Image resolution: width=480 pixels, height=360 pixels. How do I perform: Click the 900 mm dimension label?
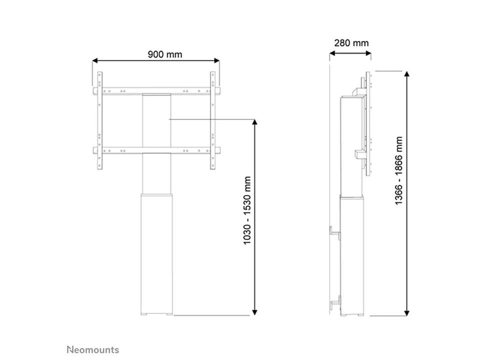coord(164,54)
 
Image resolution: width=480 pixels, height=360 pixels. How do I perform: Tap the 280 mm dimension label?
coord(351,43)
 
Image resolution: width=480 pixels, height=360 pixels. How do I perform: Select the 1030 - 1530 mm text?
coord(247,210)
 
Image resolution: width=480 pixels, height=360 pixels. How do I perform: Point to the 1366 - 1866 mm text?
coord(398,171)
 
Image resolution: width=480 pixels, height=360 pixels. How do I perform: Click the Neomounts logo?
coord(93,349)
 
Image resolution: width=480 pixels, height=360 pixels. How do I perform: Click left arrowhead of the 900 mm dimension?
coord(95,60)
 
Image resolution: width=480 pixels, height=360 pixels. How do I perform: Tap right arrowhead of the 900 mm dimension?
coord(217,60)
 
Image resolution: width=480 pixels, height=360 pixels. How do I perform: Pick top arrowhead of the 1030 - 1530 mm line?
coord(254,122)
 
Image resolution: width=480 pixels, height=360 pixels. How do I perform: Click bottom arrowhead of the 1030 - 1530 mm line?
coord(254,312)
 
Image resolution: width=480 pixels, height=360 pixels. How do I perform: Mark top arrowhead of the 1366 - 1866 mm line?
coord(406,74)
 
